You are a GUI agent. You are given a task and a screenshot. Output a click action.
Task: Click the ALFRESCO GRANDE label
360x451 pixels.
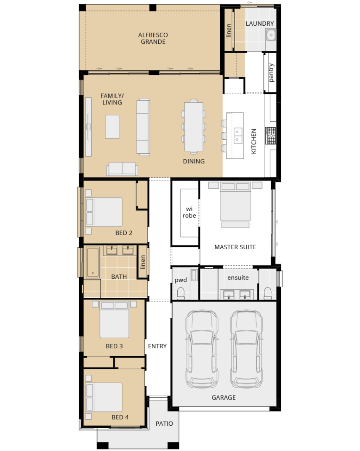pos(153,38)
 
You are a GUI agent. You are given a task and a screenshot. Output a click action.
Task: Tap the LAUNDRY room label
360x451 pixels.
pos(260,24)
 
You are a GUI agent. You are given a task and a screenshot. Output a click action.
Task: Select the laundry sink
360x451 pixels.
pos(271,35)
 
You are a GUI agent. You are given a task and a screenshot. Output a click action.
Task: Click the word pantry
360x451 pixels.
pos(271,73)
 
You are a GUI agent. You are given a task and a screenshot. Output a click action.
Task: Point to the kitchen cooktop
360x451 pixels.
pos(271,136)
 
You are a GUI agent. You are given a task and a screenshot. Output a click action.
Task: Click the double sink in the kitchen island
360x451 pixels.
pos(237,136)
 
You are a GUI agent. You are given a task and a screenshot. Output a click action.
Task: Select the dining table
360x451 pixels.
pos(194,127)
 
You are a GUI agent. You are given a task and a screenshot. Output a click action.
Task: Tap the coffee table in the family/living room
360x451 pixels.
pos(112,127)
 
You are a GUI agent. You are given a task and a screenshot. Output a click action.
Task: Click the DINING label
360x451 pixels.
pos(194,161)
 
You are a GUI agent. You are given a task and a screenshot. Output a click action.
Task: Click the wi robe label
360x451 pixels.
pos(189,212)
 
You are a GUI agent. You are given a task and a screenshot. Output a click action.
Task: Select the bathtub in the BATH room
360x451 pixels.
pos(93,262)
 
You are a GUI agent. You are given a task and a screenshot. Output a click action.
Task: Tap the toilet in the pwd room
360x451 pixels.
pos(181,293)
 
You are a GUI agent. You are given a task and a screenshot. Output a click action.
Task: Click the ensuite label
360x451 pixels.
pos(238,278)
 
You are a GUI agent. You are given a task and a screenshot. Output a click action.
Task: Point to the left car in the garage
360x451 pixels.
pos(202,349)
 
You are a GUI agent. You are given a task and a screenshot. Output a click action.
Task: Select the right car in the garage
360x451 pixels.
pos(246,349)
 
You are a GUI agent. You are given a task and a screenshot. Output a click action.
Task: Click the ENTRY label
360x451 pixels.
pos(157,346)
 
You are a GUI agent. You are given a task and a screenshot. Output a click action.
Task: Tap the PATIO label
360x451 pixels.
pos(164,423)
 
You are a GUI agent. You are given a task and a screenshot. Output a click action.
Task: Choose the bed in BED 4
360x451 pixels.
pos(104,397)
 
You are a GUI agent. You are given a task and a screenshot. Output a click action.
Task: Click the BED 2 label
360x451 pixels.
pos(124,233)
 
